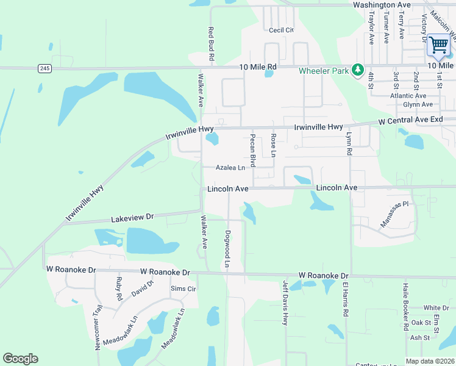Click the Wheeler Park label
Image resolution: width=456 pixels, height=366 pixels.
(x=324, y=71)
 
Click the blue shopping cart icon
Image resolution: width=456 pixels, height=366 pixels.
(x=438, y=45)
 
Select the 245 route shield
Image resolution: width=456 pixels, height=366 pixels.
(x=44, y=68)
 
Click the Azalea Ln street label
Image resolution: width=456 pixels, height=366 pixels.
(x=230, y=168)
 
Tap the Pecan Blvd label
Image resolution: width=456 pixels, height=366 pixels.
(x=252, y=150)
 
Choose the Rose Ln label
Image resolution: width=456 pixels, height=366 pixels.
(x=274, y=145)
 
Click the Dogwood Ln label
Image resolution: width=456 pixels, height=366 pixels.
(x=227, y=249)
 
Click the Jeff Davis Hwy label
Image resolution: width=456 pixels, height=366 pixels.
(x=285, y=303)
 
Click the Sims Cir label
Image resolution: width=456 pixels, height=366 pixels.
(x=182, y=289)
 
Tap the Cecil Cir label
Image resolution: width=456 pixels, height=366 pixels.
(x=281, y=29)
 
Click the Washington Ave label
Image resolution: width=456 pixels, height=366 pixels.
(x=382, y=4)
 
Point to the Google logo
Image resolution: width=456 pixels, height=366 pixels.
(x=20, y=359)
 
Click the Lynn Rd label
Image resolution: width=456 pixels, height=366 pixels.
(x=349, y=144)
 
